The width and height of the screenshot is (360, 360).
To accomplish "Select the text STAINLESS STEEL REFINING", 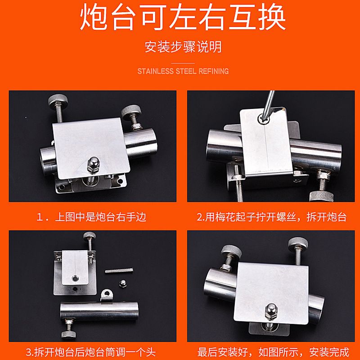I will [183, 71].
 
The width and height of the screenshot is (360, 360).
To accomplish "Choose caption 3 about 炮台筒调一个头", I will [92, 351].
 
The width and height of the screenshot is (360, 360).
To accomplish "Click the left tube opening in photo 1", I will [46, 155].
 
